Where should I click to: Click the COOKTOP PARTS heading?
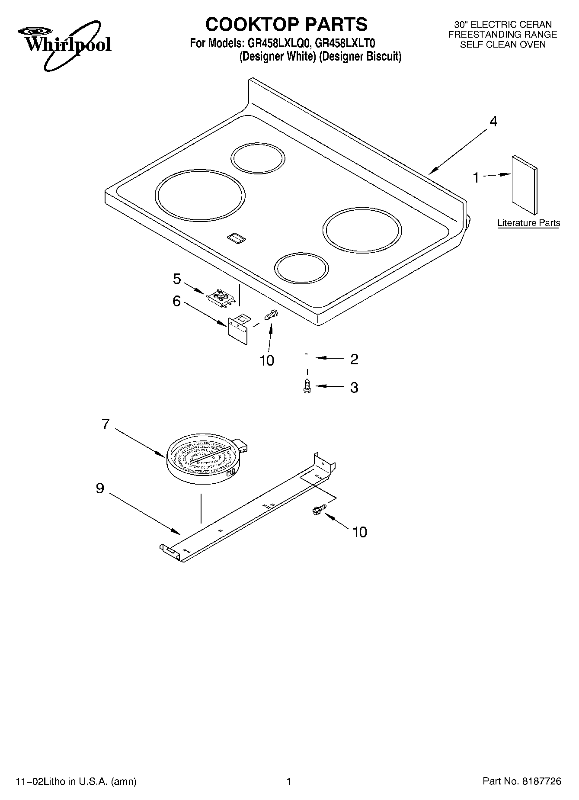[x=286, y=24]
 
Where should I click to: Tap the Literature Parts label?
[x=528, y=223]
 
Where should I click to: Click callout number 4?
[x=493, y=122]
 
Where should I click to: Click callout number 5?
[x=176, y=279]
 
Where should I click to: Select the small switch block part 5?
[x=221, y=298]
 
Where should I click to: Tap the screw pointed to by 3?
[x=307, y=386]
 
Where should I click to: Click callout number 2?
[x=354, y=359]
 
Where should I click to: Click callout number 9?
[x=100, y=488]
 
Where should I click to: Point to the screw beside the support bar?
[x=319, y=510]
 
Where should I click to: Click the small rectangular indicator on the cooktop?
[x=236, y=237]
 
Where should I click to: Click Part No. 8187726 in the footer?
[x=521, y=781]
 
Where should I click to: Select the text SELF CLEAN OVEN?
[x=502, y=45]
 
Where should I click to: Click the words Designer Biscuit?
[x=360, y=56]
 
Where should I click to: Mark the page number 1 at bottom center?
[x=288, y=781]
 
